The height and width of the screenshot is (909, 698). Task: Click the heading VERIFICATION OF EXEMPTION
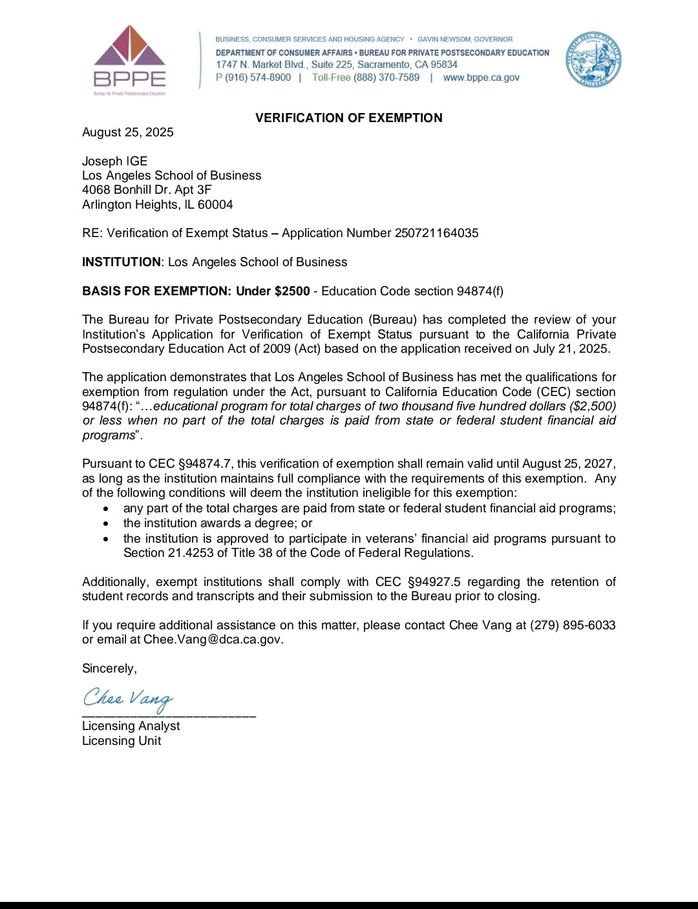click(x=349, y=118)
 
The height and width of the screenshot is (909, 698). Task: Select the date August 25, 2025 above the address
click(x=128, y=132)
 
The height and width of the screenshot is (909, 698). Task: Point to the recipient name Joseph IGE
click(x=115, y=161)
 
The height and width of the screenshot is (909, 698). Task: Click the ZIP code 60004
click(x=215, y=205)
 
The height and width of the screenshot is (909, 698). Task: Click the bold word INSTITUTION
click(x=121, y=262)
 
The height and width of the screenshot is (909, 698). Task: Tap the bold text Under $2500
click(x=273, y=291)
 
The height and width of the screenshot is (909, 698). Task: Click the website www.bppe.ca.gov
click(x=481, y=78)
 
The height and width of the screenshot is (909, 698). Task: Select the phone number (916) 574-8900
click(x=258, y=78)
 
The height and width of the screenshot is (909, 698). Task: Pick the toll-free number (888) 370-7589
click(x=386, y=78)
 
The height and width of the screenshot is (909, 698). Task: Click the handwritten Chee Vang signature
click(x=128, y=698)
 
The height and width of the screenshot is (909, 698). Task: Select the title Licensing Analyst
click(x=131, y=726)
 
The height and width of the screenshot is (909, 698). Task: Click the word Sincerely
click(x=109, y=669)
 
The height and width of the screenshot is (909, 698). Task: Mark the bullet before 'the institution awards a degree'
click(x=106, y=524)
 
